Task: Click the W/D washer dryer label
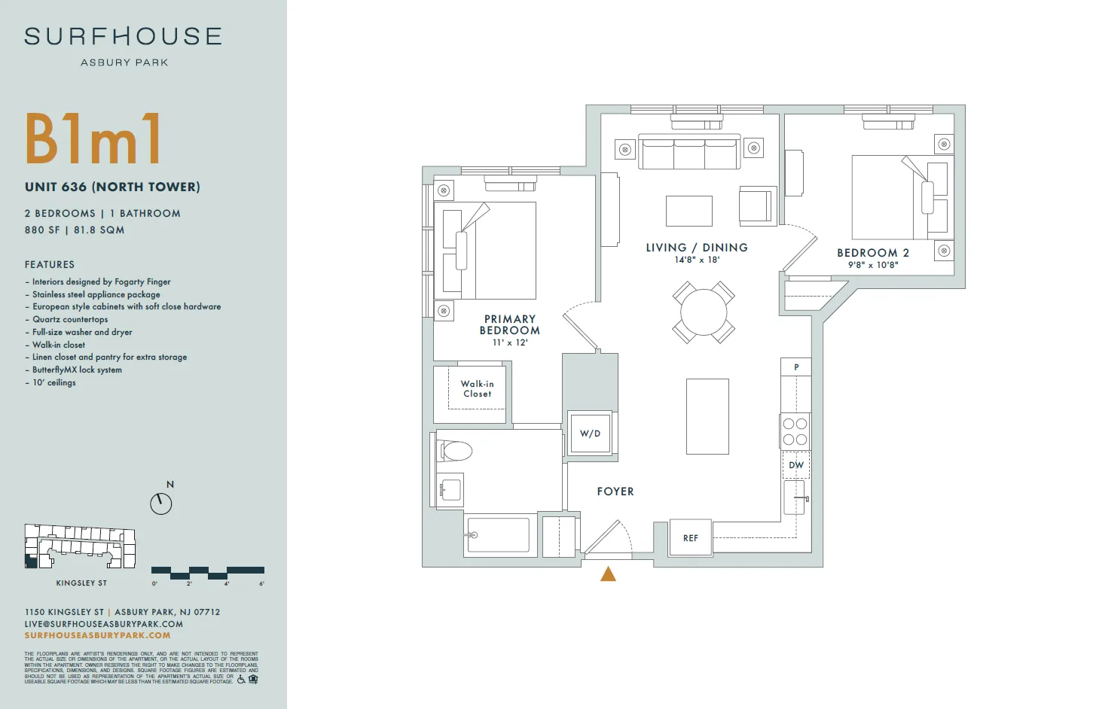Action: (x=591, y=434)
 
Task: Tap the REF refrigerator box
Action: (x=691, y=538)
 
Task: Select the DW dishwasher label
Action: (x=796, y=465)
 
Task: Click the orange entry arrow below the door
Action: (x=609, y=574)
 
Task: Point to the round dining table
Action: (x=704, y=312)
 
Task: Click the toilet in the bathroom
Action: (x=456, y=451)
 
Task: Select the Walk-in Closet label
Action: (x=478, y=388)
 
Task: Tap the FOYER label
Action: (x=615, y=491)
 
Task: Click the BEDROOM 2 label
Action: (x=873, y=253)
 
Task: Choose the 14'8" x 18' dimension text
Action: (x=697, y=260)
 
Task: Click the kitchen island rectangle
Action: (x=707, y=416)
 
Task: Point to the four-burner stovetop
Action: (x=795, y=431)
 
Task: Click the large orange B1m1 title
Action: (x=93, y=139)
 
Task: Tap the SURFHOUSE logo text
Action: (x=124, y=36)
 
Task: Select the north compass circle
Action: (x=161, y=504)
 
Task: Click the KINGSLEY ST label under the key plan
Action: (x=81, y=583)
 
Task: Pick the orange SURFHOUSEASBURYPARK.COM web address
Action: (x=98, y=635)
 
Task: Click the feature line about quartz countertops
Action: (x=70, y=319)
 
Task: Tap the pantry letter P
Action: (x=796, y=367)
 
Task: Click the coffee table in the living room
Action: (x=689, y=211)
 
